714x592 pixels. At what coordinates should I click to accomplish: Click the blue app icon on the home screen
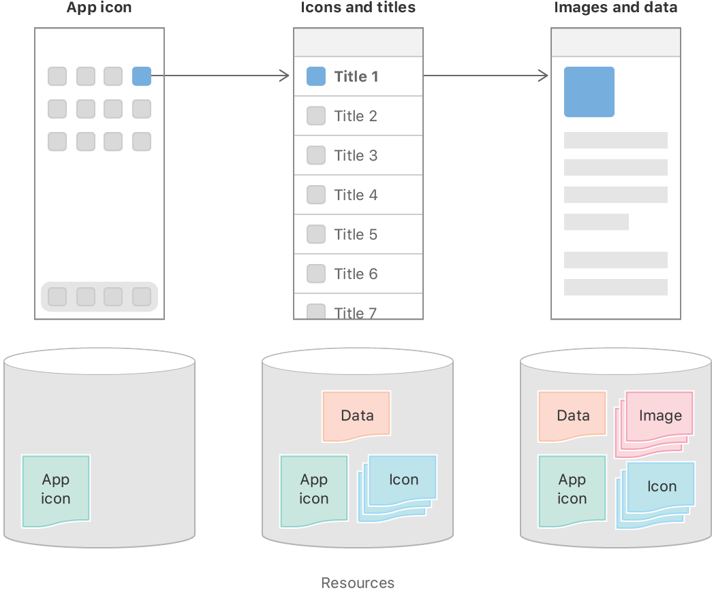tap(142, 76)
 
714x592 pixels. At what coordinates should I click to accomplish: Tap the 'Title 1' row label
tap(356, 77)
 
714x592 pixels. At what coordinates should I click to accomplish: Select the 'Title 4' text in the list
tap(356, 195)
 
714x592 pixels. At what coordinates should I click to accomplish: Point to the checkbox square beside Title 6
tap(316, 274)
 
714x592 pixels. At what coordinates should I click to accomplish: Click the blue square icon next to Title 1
tap(316, 76)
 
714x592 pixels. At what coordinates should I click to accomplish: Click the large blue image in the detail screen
tap(589, 92)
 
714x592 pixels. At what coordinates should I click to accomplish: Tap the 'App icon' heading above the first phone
tap(99, 8)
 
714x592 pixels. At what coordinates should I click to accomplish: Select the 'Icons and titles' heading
tap(358, 8)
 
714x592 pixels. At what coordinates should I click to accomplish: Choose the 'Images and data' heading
tap(615, 8)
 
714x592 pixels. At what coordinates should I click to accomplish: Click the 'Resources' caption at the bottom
tap(358, 583)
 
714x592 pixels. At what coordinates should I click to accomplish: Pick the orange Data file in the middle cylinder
tap(357, 414)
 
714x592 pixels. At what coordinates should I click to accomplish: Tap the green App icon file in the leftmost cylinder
tap(56, 490)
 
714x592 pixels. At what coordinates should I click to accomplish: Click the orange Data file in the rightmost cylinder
tap(572, 415)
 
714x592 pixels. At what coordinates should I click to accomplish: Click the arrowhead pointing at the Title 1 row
tap(285, 76)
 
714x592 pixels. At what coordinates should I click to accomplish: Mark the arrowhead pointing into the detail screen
tap(544, 76)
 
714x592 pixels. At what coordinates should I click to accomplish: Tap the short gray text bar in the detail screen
tap(596, 222)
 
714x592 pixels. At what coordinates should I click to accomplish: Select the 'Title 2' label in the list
tap(356, 116)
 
